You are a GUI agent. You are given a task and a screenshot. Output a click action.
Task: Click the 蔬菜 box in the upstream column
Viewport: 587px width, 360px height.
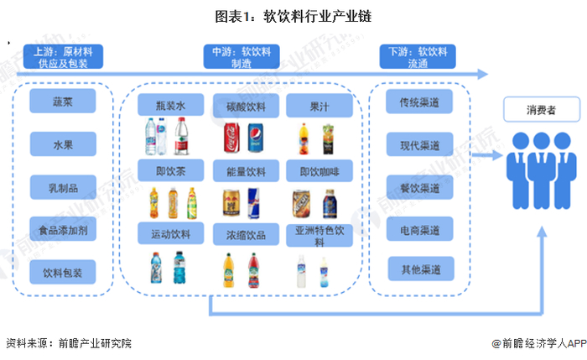pyautogui.click(x=63, y=102)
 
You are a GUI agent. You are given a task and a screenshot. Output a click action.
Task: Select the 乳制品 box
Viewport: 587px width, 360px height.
pyautogui.click(x=63, y=187)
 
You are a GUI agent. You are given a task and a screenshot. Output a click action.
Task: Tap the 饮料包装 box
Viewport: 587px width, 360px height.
pyautogui.click(x=63, y=272)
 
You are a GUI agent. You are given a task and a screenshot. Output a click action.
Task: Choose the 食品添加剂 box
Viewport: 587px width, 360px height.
pyautogui.click(x=63, y=229)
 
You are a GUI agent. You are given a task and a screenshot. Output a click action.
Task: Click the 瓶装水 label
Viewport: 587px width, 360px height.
pyautogui.click(x=171, y=105)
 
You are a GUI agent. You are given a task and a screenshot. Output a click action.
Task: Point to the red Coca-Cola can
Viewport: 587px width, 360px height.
pyautogui.click(x=231, y=138)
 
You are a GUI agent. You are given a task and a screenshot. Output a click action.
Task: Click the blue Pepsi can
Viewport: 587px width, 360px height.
pyautogui.click(x=255, y=138)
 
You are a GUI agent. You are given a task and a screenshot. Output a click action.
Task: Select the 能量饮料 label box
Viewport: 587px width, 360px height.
pyautogui.click(x=246, y=171)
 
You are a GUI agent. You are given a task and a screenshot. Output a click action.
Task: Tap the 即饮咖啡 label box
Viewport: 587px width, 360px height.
pyautogui.click(x=319, y=171)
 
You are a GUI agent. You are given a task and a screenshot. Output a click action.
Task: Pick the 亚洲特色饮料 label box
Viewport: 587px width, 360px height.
pyautogui.click(x=319, y=235)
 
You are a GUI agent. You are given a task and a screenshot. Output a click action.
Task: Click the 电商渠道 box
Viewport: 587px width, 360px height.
pyautogui.click(x=419, y=229)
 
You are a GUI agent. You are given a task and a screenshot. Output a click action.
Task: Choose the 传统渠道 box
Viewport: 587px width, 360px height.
pyautogui.click(x=419, y=102)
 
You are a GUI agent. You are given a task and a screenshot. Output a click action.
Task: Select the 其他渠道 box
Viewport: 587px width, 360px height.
pyautogui.click(x=421, y=269)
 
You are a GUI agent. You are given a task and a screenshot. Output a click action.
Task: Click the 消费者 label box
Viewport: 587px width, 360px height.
pyautogui.click(x=542, y=109)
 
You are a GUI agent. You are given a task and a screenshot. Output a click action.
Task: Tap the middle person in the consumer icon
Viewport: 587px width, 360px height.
pyautogui.click(x=542, y=170)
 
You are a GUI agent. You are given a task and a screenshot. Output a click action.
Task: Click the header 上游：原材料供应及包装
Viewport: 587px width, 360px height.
pyautogui.click(x=63, y=56)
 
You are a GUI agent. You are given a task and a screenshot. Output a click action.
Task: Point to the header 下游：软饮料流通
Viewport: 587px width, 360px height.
pyautogui.click(x=418, y=56)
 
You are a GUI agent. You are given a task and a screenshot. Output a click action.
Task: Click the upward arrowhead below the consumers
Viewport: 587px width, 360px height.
pyautogui.click(x=542, y=232)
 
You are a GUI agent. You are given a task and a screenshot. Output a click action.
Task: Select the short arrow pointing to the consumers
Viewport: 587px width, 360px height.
pyautogui.click(x=487, y=154)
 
